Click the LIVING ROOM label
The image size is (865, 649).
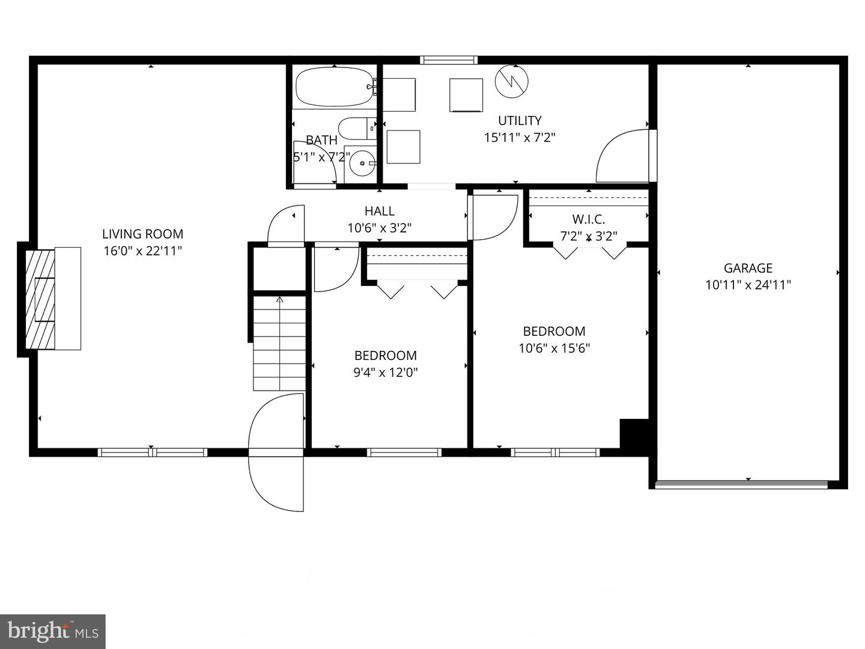[x=142, y=234]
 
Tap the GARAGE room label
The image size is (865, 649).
[x=748, y=268]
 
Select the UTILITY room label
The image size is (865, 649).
[x=520, y=120]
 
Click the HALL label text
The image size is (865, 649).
[x=379, y=211]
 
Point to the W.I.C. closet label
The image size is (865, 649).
[x=588, y=219]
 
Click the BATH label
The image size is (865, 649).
[x=321, y=140]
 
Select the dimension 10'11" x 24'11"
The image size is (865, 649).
[x=748, y=285]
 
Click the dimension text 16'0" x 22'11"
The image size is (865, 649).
[x=142, y=251]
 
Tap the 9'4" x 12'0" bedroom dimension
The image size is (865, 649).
[x=385, y=372]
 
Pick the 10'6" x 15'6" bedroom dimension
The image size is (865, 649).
[x=554, y=348]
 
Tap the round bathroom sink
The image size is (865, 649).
[x=362, y=163]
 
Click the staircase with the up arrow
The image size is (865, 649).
[x=279, y=343]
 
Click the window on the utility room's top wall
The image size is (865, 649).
[x=449, y=59]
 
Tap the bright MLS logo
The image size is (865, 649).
[x=52, y=631]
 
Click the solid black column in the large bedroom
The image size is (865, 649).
[x=634, y=434]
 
